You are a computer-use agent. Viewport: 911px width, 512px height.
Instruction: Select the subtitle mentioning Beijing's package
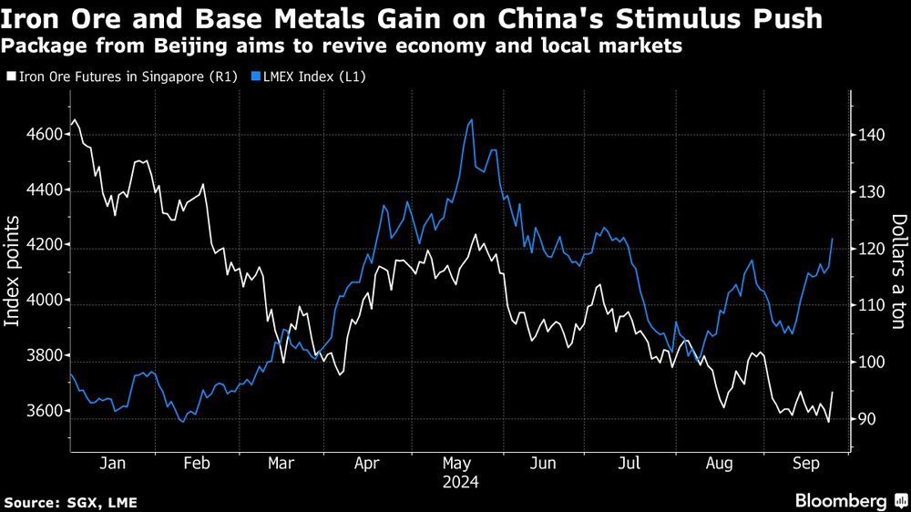[343, 45]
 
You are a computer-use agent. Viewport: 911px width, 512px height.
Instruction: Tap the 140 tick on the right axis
[870, 135]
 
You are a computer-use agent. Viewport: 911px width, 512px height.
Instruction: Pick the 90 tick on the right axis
[865, 419]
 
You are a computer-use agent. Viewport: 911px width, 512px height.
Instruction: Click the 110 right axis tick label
[870, 305]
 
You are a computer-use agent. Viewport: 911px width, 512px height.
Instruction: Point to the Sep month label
[803, 463]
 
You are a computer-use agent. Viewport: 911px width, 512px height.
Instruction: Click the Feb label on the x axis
[197, 463]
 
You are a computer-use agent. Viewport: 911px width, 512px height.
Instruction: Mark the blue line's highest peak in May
[470, 119]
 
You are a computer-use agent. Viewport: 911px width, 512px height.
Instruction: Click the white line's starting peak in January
[75, 119]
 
